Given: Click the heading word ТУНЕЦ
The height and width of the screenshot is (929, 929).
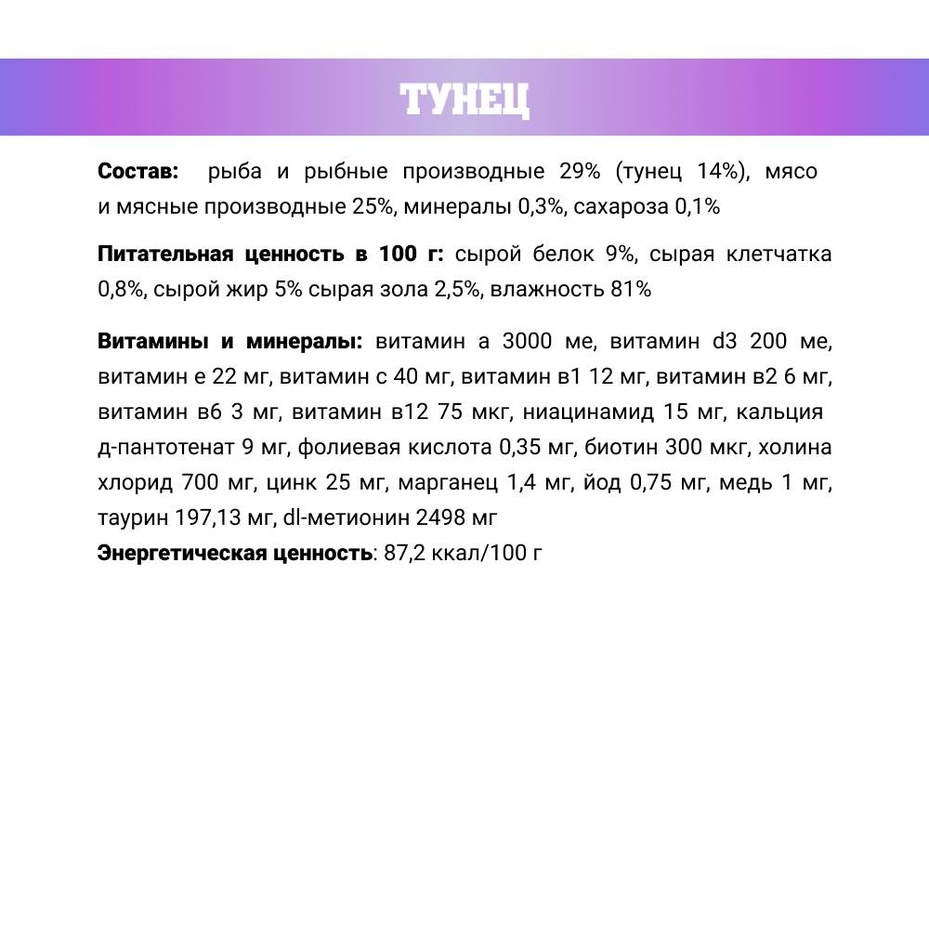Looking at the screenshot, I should point(464,98).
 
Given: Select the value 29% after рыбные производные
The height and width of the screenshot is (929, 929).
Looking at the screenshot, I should point(580,172).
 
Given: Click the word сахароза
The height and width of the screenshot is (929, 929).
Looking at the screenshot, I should point(620,207).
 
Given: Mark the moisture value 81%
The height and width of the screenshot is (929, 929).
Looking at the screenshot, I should point(631,290).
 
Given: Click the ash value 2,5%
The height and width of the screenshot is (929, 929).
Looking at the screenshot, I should point(457,290).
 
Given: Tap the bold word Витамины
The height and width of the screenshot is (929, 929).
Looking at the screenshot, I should point(153,341).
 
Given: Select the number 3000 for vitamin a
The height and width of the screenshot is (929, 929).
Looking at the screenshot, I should point(525,341).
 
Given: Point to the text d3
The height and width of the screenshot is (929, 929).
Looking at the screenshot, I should point(725,341).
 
